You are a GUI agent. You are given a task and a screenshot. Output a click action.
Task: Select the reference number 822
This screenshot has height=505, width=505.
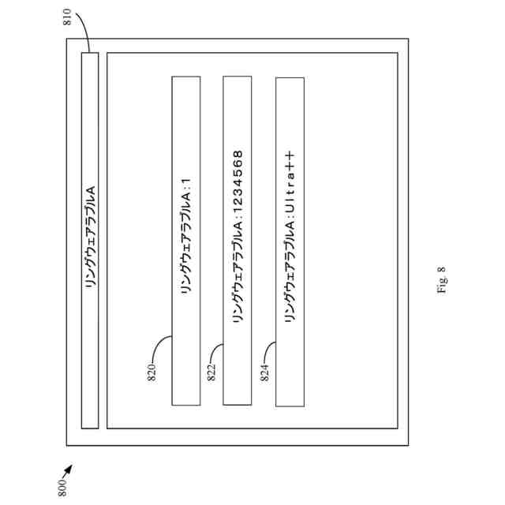[x=211, y=370]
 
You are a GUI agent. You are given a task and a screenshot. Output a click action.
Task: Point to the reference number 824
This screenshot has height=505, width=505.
[x=264, y=370]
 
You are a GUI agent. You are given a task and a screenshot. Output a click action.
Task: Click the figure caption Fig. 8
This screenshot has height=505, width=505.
[x=441, y=280]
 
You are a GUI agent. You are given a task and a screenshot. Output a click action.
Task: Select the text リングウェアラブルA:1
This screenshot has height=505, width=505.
[x=187, y=241]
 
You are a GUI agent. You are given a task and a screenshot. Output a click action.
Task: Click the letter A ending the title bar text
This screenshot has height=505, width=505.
[x=90, y=191]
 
